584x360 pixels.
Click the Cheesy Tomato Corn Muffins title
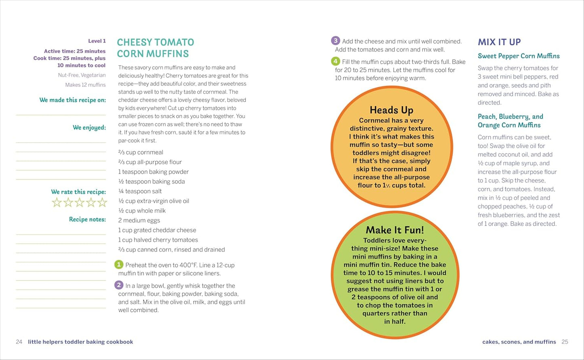click(155, 48)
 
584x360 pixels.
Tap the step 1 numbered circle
click(119, 265)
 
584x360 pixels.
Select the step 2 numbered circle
click(119, 285)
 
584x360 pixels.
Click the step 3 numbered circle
click(335, 41)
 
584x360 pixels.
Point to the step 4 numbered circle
click(335, 61)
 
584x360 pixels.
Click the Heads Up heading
click(391, 110)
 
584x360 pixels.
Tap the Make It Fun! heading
click(394, 230)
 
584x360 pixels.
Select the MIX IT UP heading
click(499, 42)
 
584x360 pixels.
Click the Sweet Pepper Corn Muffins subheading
click(519, 56)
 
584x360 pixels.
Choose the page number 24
click(19, 342)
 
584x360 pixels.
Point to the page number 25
click(565, 342)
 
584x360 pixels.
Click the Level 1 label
click(97, 41)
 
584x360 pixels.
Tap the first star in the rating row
click(57, 202)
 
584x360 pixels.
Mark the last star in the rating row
click(102, 202)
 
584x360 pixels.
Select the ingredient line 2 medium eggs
click(139, 220)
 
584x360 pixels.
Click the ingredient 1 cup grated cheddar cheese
click(157, 230)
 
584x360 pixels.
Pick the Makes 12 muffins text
click(85, 85)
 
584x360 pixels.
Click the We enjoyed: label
click(89, 128)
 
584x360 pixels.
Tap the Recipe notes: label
click(87, 219)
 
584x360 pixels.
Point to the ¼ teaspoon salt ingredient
click(140, 191)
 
